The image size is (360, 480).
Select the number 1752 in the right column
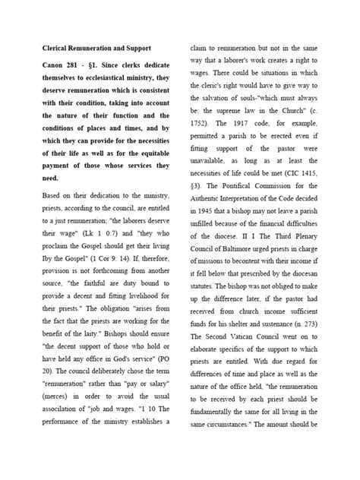pyautogui.click(x=201, y=146)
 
